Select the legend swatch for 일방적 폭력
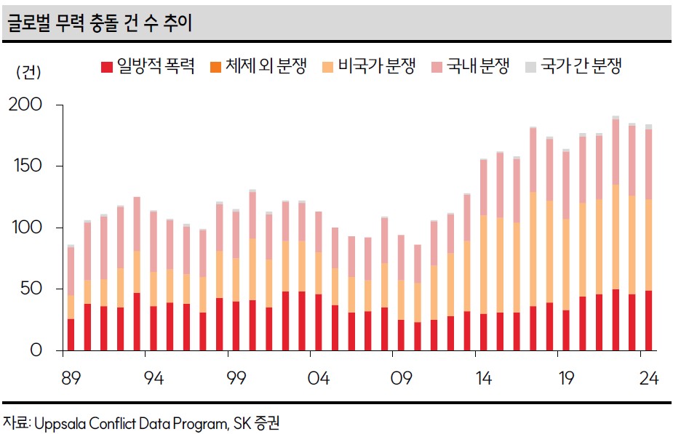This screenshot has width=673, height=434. coord(107,68)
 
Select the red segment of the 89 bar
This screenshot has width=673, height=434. coord(71,334)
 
